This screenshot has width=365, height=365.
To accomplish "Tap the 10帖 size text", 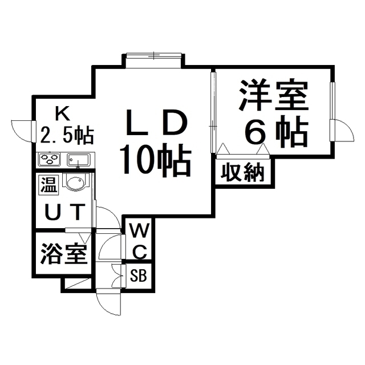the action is [155, 160].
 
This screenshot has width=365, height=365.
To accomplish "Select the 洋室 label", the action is [273, 96].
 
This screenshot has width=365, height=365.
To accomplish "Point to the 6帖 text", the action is [277, 131].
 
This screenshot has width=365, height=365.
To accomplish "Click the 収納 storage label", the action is [242, 173].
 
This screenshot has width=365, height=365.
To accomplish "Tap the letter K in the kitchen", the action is [62, 113].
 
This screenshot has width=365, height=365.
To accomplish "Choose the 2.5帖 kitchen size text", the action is [67, 135].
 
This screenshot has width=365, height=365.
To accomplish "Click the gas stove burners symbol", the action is [50, 159].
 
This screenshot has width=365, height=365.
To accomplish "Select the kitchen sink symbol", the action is [79, 160].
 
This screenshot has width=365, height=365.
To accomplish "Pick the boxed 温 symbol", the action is [48, 185].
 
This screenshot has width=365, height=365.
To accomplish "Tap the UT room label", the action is [64, 212].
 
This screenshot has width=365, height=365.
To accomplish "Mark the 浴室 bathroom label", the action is [64, 253].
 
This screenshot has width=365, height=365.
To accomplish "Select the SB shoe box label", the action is [138, 275].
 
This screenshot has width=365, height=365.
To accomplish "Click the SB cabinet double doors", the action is [117, 276].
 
